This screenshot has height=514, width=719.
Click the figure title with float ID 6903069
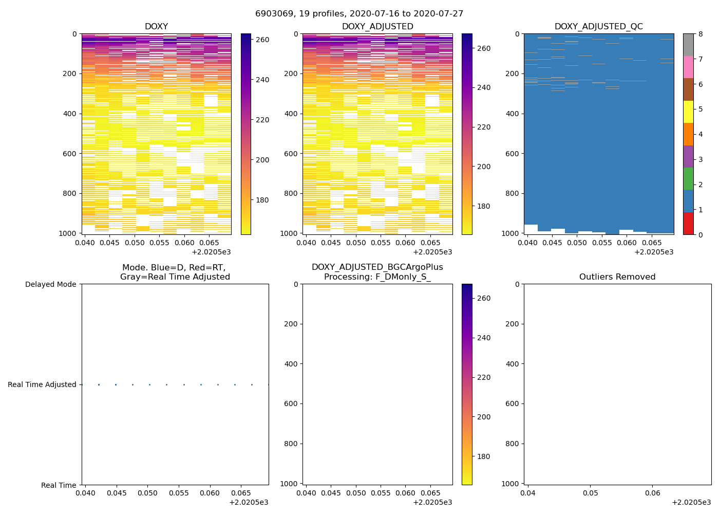pos(359,14)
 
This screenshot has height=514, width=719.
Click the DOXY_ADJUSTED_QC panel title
pos(598,27)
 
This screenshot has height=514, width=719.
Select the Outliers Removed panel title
pos(617,277)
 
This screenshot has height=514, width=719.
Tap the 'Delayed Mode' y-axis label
pos(50,284)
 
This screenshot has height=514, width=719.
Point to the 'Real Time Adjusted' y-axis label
pos(42,384)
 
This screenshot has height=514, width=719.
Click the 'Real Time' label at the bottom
pos(59,485)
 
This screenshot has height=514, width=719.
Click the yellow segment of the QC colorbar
pos(688,112)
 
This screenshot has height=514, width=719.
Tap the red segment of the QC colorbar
pos(688,224)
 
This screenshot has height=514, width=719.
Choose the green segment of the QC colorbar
pos(688,178)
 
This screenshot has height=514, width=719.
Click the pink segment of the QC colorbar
pos(688,67)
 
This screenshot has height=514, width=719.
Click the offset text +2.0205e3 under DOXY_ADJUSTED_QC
pos(654,252)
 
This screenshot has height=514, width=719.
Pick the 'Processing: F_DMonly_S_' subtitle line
pos(377,277)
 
